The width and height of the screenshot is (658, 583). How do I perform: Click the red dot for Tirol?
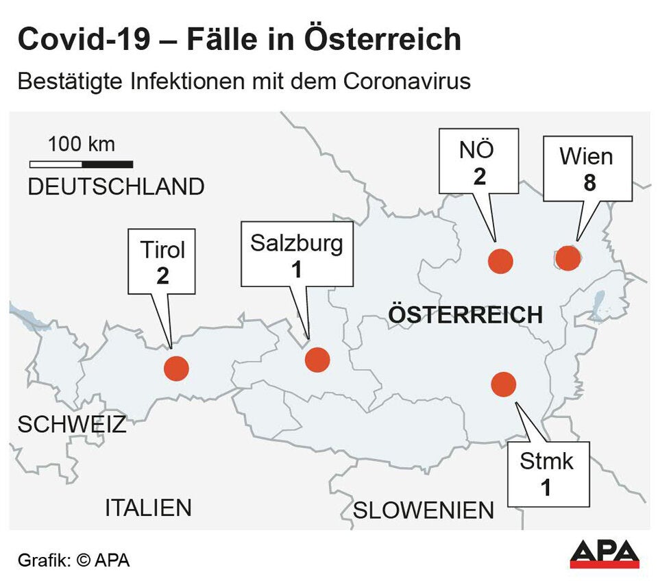pyautogui.click(x=176, y=368)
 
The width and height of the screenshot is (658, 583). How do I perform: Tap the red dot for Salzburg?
pyautogui.click(x=317, y=360)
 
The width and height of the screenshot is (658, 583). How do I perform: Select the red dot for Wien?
pyautogui.click(x=568, y=258)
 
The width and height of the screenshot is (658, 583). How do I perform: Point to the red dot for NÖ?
pyautogui.click(x=500, y=261)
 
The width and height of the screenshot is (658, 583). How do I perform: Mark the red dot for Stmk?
pyautogui.click(x=504, y=384)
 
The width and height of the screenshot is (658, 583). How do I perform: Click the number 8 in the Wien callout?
pyautogui.click(x=586, y=184)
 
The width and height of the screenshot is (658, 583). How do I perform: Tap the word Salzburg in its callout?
pyautogui.click(x=296, y=243)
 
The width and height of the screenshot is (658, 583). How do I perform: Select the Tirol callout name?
pyautogui.click(x=162, y=250)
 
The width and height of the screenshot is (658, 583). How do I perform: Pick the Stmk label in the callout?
pyautogui.click(x=546, y=461)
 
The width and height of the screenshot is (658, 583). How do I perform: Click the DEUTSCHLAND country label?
pyautogui.click(x=116, y=186)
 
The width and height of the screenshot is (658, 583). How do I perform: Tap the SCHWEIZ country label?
pyautogui.click(x=72, y=424)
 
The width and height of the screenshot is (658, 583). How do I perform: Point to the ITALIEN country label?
pyautogui.click(x=148, y=508)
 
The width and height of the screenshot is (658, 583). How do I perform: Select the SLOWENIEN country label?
pyautogui.click(x=423, y=510)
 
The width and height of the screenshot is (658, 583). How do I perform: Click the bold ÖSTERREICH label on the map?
pyautogui.click(x=465, y=314)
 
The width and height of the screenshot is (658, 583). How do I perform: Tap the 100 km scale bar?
pyautogui.click(x=81, y=164)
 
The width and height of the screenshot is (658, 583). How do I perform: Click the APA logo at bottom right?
pyautogui.click(x=605, y=554)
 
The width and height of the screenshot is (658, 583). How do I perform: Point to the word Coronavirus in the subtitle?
pyautogui.click(x=406, y=81)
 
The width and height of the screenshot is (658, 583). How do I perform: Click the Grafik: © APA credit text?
pyautogui.click(x=73, y=560)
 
